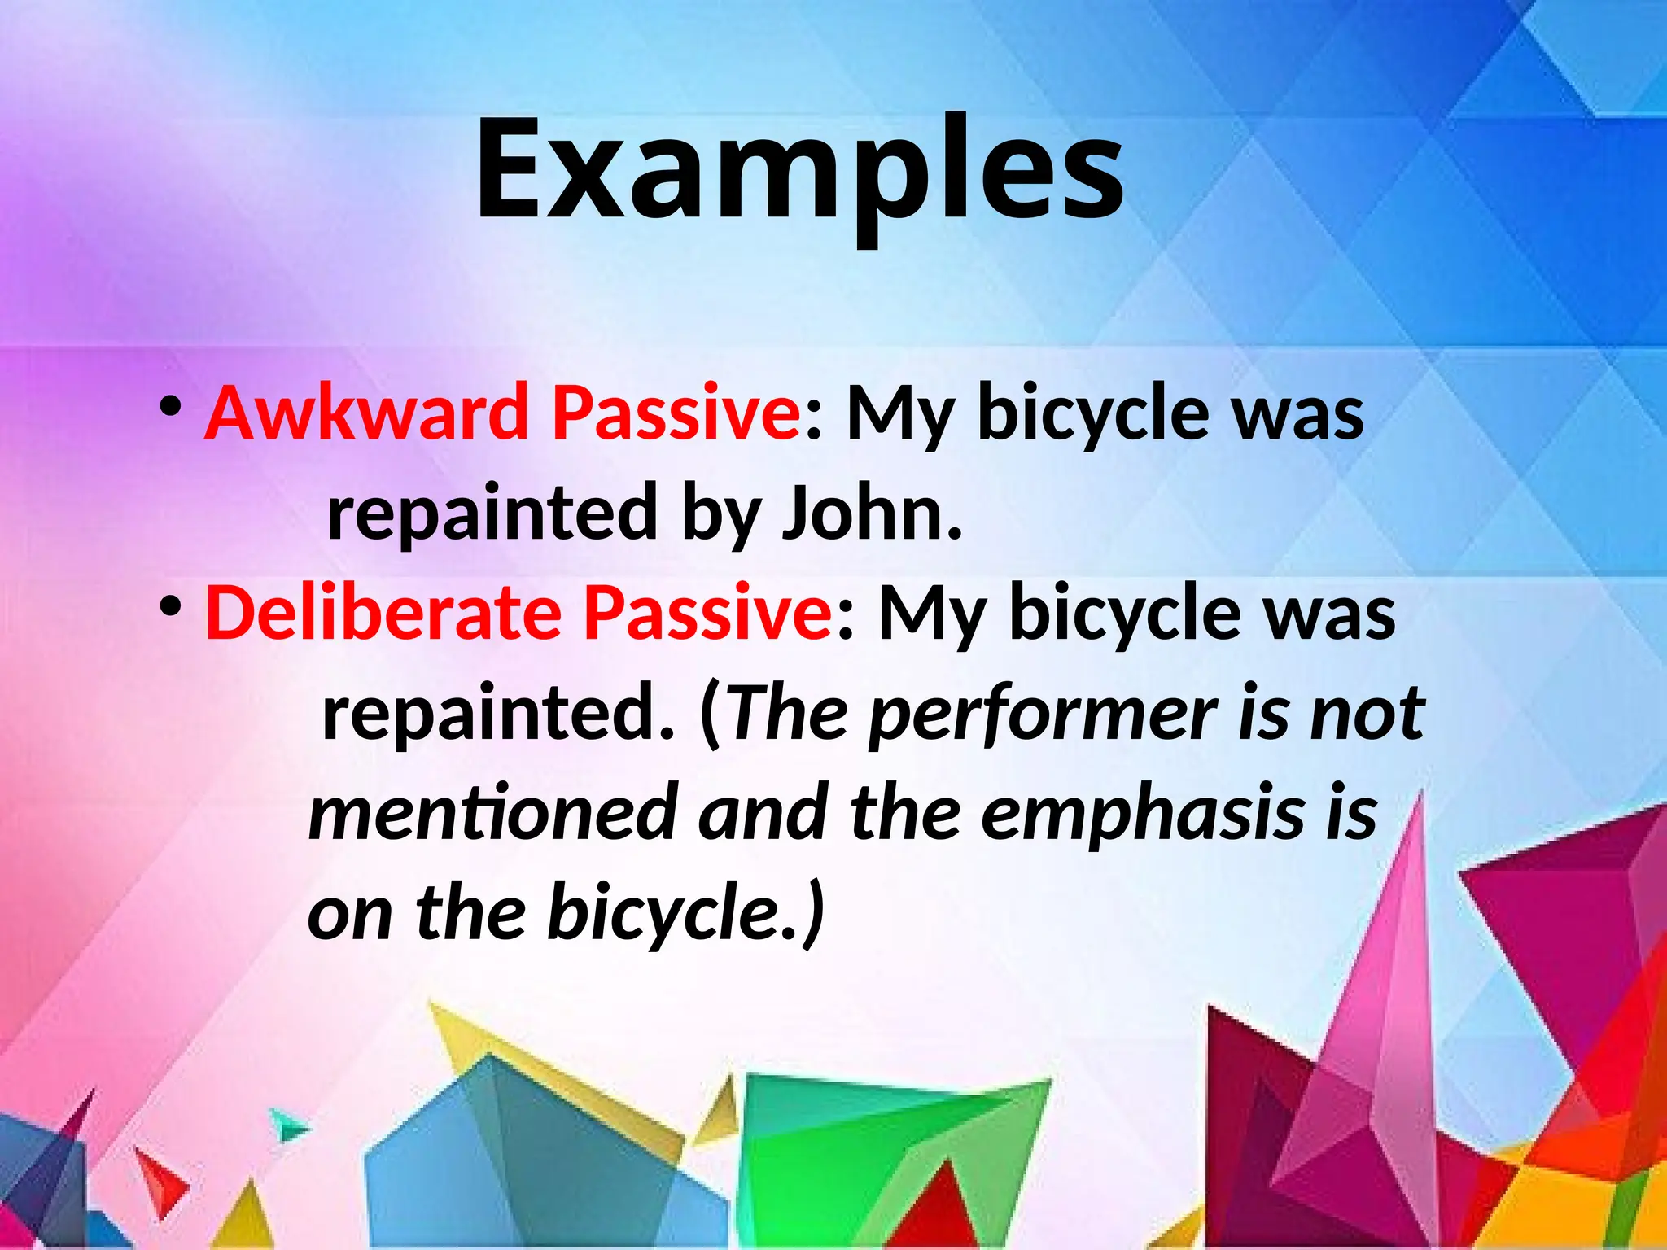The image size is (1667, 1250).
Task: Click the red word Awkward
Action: (367, 413)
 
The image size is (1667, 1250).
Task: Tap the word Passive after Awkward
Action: (676, 413)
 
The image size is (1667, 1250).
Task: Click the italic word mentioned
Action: (493, 814)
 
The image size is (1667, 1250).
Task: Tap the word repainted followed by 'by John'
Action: (492, 514)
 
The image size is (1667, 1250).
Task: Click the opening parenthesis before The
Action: (710, 714)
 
